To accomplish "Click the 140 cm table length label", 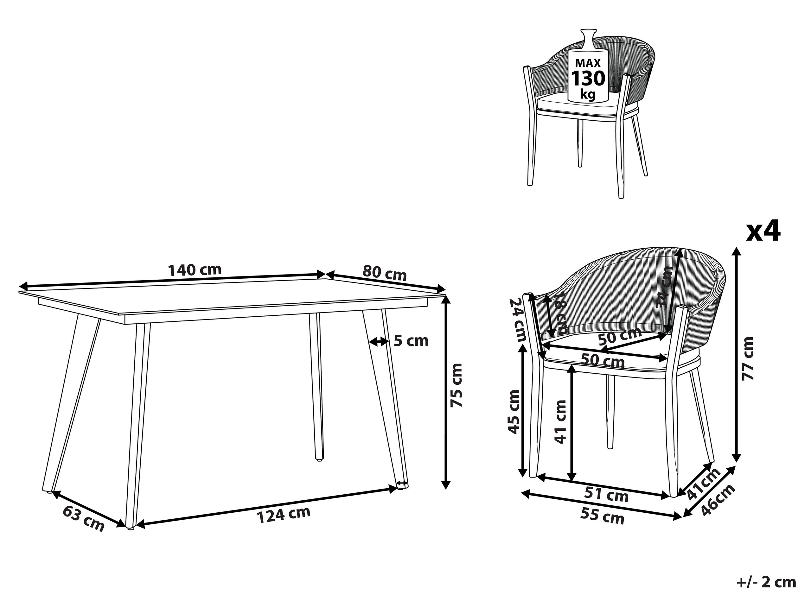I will click(195, 270).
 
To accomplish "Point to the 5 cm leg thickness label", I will click(411, 341).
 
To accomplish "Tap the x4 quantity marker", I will click(763, 231).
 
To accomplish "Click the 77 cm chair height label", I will click(747, 359).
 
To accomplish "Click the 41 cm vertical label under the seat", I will click(560, 422).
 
